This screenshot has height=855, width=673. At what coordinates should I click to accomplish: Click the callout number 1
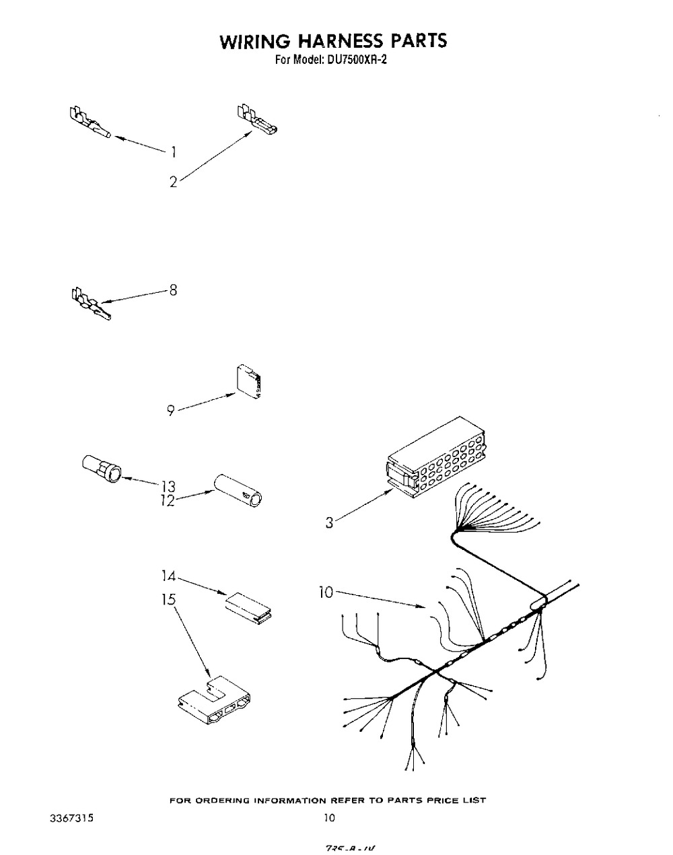(x=173, y=152)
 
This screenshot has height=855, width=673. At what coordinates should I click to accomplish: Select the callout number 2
(x=173, y=182)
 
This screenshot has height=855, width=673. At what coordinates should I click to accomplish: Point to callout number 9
(x=172, y=410)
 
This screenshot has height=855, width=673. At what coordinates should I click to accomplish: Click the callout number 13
(x=168, y=486)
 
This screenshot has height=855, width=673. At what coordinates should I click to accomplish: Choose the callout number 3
(x=329, y=522)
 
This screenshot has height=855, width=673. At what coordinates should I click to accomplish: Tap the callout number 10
(x=326, y=592)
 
